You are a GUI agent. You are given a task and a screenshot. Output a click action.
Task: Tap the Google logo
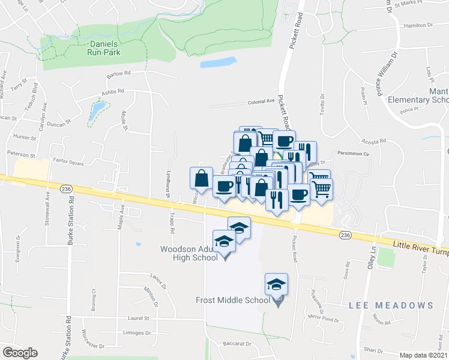[19, 353]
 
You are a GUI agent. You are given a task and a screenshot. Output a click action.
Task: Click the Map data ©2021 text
[423, 355]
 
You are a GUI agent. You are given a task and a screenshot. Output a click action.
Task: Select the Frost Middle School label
[232, 300]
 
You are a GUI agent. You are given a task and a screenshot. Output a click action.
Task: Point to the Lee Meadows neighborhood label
[391, 305]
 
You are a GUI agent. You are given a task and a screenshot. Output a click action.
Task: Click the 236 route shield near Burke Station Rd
[66, 188]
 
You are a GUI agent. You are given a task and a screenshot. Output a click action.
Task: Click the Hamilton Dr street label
[418, 25]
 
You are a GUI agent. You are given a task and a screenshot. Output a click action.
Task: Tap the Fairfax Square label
[69, 162]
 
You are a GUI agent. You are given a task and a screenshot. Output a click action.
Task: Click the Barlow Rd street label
[118, 74]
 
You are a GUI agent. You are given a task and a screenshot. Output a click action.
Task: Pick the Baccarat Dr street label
[240, 344]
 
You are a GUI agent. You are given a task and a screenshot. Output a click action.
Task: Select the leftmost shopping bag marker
[201, 179]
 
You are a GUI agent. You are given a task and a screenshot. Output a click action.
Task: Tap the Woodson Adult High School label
[188, 253]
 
